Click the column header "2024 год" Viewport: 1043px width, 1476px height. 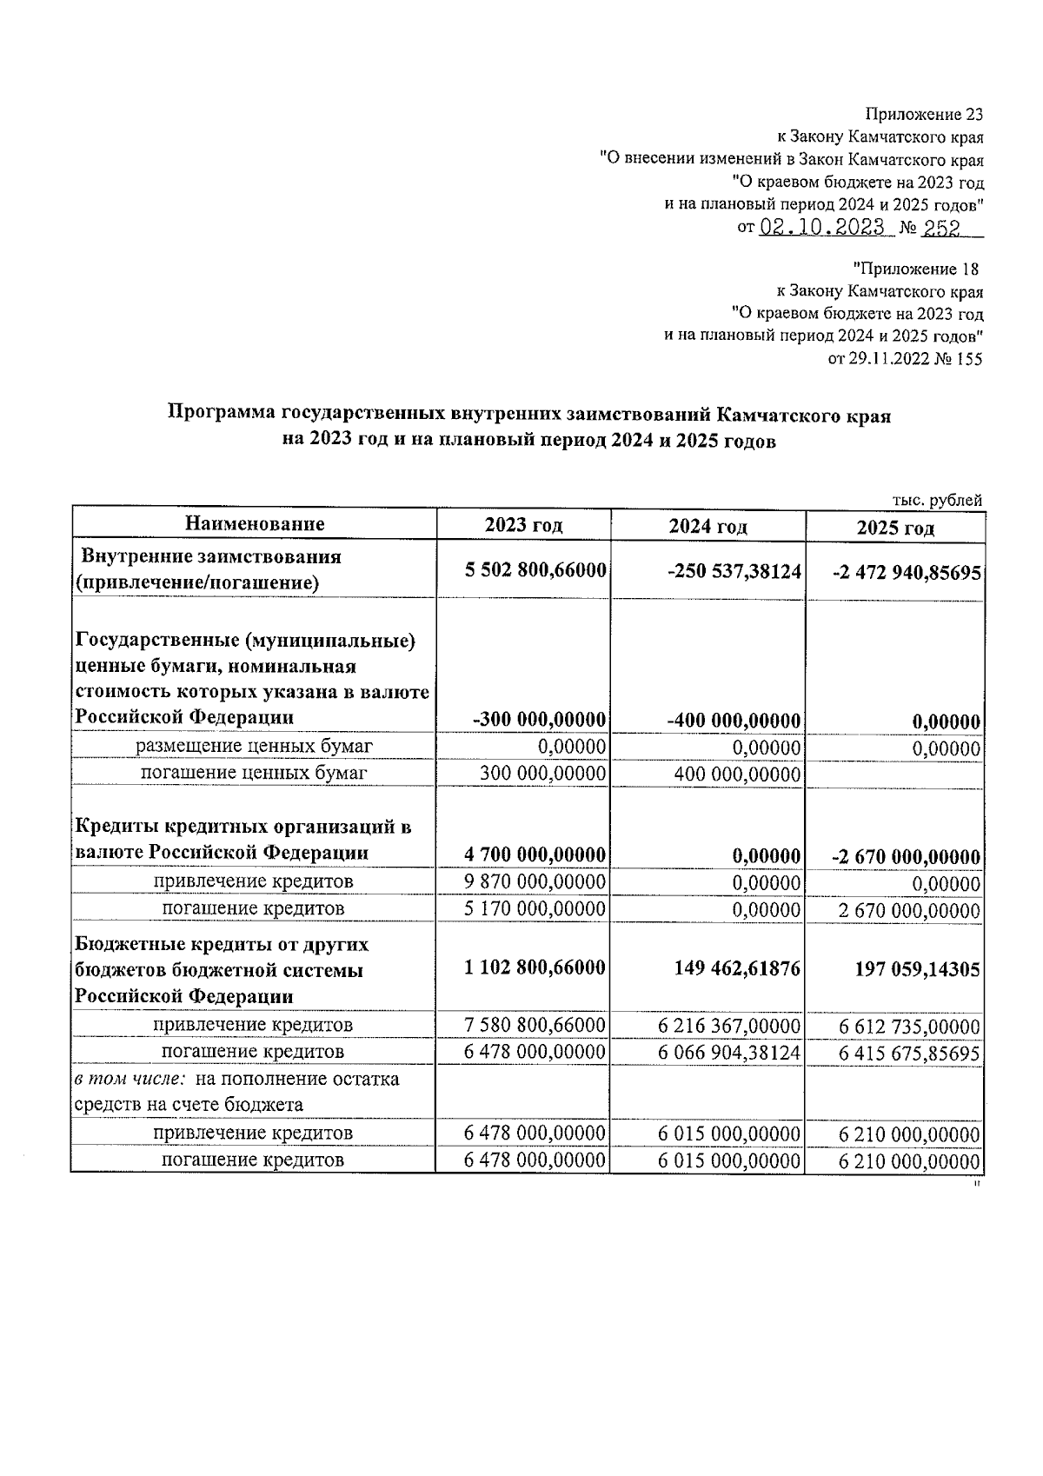click(708, 526)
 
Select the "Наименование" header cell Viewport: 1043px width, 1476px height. click(254, 523)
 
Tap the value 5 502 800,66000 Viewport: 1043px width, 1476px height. click(535, 569)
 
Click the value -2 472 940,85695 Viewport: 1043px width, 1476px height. click(907, 573)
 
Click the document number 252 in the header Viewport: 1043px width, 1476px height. click(940, 228)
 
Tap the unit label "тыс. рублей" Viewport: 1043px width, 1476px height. click(937, 500)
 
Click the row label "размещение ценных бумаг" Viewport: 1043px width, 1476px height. click(254, 746)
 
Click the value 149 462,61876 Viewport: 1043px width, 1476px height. click(737, 967)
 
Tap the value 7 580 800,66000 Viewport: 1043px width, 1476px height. click(535, 1025)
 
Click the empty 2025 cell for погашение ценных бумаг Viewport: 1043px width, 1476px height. click(895, 773)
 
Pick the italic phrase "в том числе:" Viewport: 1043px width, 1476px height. click(130, 1080)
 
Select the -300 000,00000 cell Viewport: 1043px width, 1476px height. click(539, 720)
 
